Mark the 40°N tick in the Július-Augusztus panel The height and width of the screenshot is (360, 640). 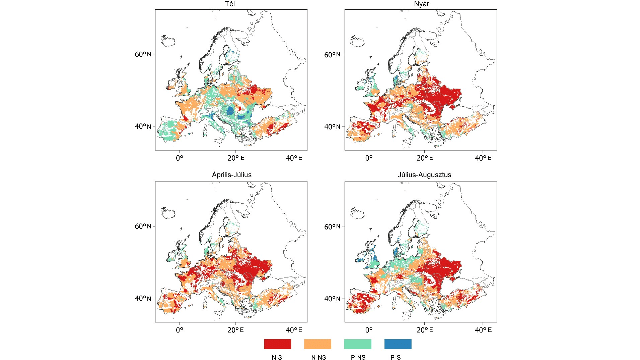coord(335,298)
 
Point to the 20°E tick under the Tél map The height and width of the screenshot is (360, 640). coord(235,159)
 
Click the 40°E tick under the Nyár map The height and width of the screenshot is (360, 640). coord(481,159)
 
